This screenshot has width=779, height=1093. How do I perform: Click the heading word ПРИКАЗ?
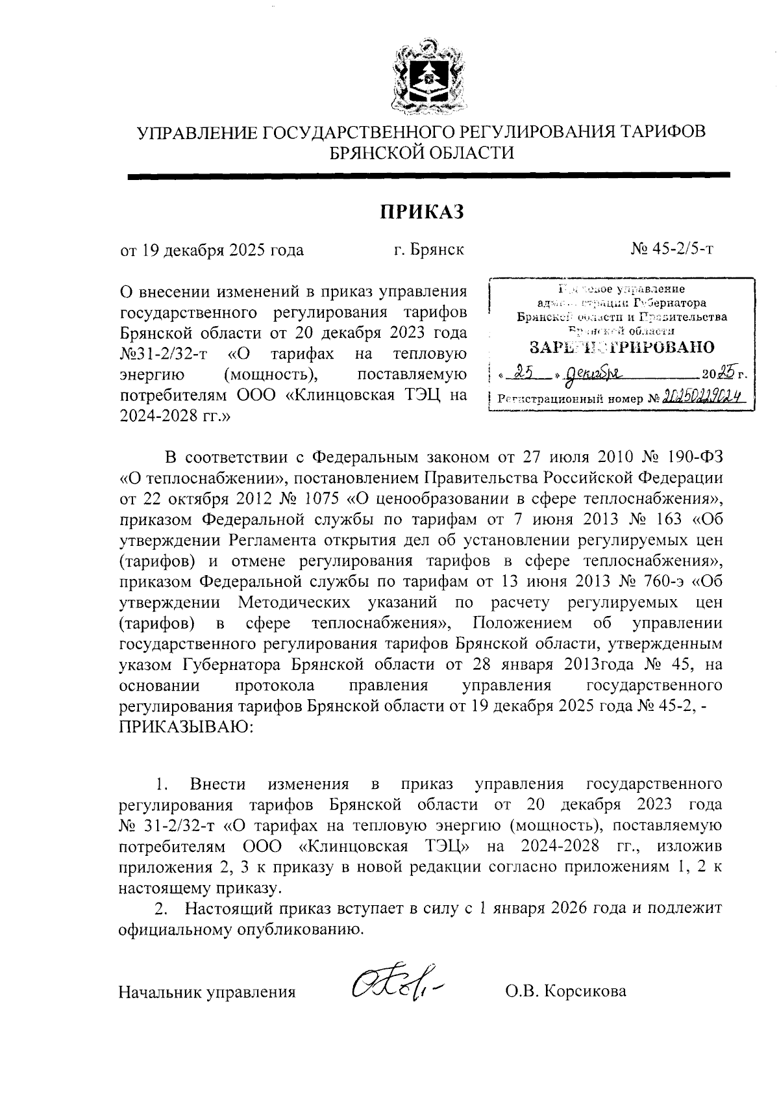pyautogui.click(x=421, y=212)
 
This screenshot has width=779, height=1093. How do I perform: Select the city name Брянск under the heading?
pyautogui.click(x=438, y=250)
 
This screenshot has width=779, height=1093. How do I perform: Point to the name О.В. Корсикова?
pyautogui.click(x=566, y=992)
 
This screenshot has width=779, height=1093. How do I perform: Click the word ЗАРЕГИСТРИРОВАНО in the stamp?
pyautogui.click(x=622, y=347)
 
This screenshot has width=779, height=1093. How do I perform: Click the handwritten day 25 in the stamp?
pyautogui.click(x=523, y=372)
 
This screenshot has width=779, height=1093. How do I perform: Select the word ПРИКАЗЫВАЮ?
pyautogui.click(x=187, y=727)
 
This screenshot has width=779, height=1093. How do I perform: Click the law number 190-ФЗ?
pyautogui.click(x=694, y=457)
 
